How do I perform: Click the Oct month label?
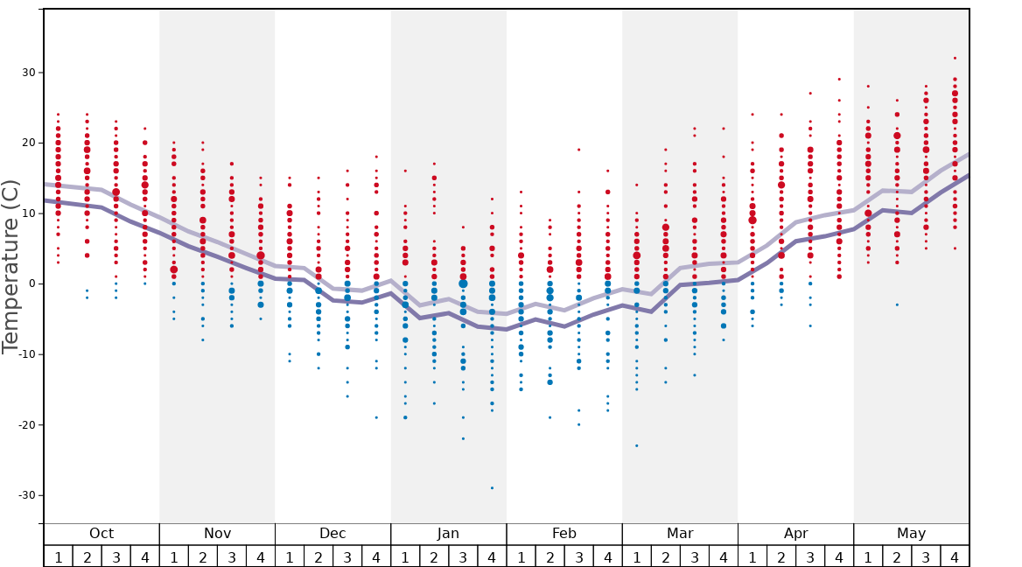101,534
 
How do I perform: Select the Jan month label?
448,534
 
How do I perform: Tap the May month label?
911,534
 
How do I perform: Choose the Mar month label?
680,534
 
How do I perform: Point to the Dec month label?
332,534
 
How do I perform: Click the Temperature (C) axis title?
10,267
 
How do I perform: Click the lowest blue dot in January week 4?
492,487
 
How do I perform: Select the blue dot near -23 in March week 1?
636,445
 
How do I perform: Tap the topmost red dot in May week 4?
955,58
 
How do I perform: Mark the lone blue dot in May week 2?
897,304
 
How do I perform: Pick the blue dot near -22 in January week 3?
463,438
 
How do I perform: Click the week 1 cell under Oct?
59,556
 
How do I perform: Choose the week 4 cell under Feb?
607,556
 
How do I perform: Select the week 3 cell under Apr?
810,556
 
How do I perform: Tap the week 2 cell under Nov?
203,556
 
